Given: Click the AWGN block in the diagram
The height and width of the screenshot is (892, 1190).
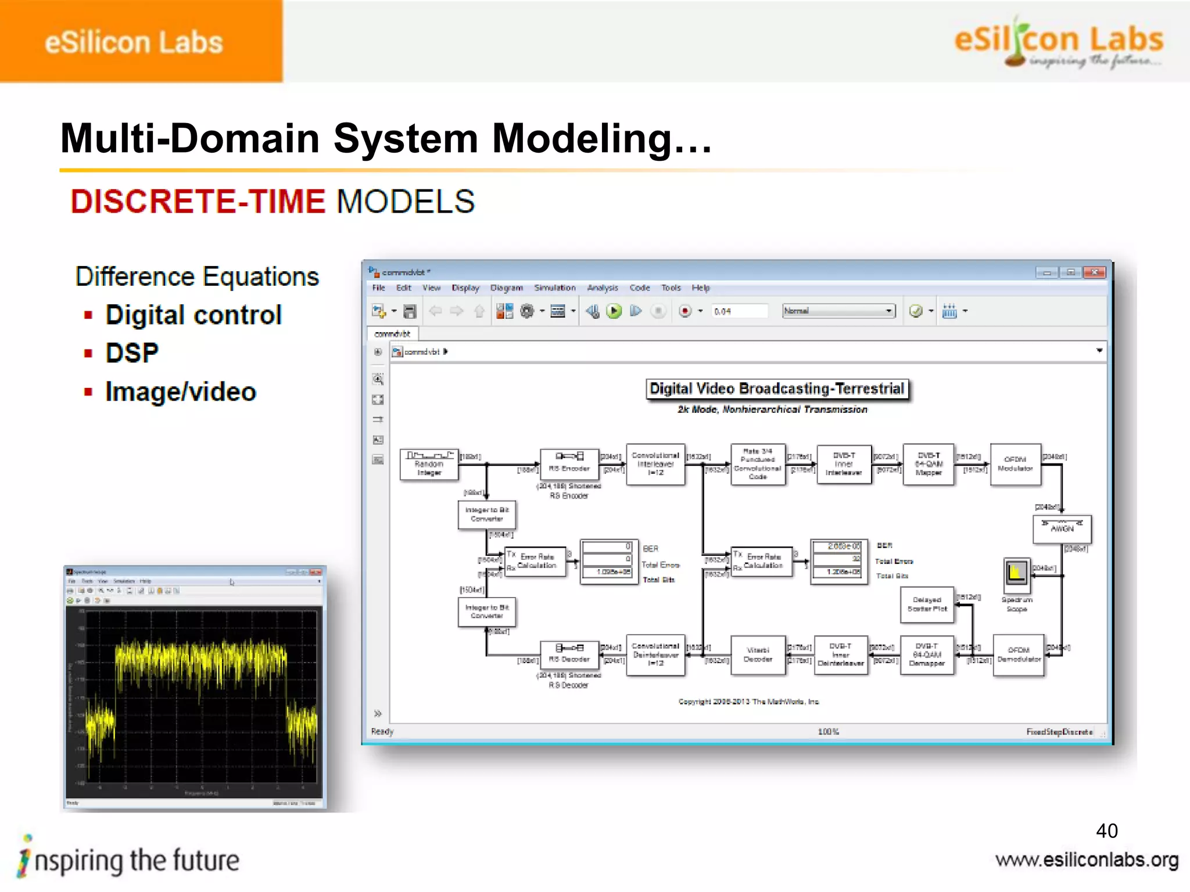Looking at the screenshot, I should [x=1062, y=529].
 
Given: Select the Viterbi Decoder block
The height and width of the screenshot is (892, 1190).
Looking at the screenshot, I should [x=758, y=655].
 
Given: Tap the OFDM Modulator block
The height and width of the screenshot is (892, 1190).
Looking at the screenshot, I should [x=1015, y=464].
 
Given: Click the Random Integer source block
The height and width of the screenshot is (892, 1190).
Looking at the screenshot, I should [x=429, y=465].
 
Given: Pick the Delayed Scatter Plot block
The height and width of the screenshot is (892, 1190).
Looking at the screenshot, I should [x=927, y=605].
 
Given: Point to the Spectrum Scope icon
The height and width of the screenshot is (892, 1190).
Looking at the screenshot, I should [x=1016, y=573].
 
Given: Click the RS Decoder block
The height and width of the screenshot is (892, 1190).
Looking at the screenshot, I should [x=569, y=655].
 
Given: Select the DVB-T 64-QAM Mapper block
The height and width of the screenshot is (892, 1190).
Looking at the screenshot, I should [x=928, y=464].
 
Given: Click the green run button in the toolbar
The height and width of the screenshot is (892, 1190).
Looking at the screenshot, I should [x=614, y=311].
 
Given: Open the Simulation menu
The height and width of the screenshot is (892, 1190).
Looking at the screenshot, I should [x=554, y=287].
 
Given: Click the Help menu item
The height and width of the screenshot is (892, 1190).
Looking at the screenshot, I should [x=700, y=287].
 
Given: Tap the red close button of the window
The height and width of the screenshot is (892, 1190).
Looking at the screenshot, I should [x=1095, y=272].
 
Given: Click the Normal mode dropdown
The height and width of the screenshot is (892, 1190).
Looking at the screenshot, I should [x=838, y=311].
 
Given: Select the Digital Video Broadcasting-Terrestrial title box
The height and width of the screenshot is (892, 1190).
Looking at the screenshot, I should [x=777, y=389].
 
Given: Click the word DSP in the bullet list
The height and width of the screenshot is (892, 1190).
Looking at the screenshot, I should [x=132, y=353].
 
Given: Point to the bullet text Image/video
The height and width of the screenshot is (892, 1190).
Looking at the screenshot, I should [x=181, y=392].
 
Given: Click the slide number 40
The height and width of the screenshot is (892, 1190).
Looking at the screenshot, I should [x=1106, y=830].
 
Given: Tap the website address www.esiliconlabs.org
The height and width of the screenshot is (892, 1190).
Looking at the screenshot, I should [x=1087, y=860].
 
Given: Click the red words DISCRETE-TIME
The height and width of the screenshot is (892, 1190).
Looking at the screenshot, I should [x=198, y=202].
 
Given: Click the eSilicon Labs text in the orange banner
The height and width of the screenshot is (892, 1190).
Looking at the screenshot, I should [x=134, y=42].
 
